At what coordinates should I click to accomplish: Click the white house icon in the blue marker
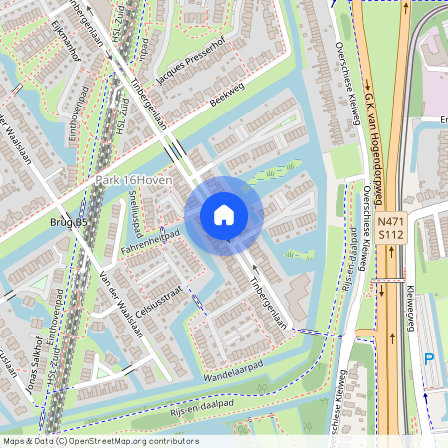(x=224, y=213)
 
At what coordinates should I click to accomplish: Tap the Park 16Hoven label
(x=133, y=180)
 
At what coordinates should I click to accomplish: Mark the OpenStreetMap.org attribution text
(x=129, y=440)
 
